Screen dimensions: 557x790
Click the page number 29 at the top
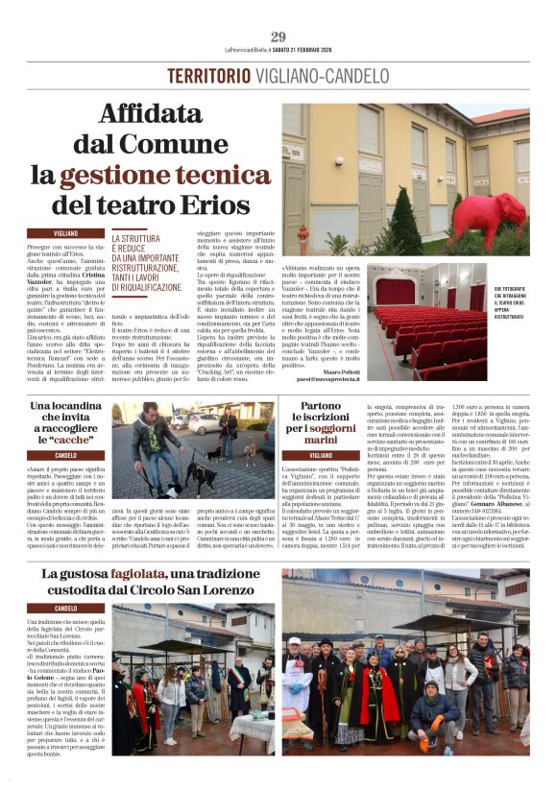(278, 36)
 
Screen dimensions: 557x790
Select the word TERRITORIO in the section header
(208, 76)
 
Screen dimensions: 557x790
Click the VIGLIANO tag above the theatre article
(65, 233)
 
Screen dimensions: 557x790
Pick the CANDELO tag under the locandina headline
(65, 454)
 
